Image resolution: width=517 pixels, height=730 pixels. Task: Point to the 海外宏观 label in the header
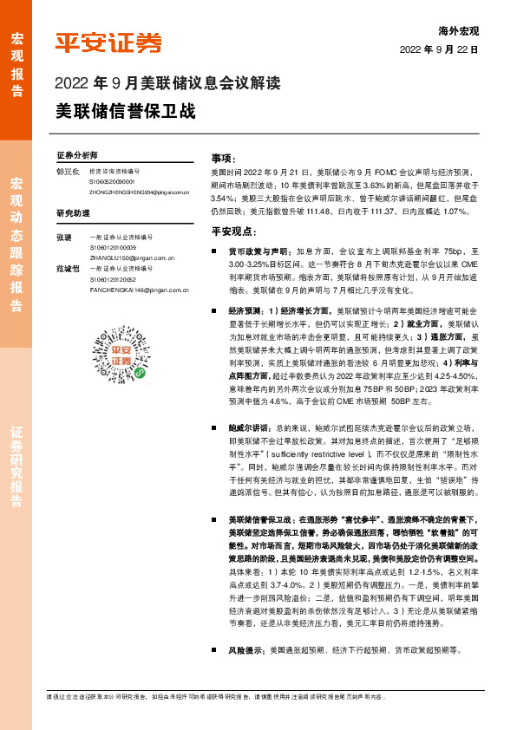point(458,30)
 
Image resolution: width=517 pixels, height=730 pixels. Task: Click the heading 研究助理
point(73,212)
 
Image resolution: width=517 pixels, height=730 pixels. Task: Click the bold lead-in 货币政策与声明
point(250,249)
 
